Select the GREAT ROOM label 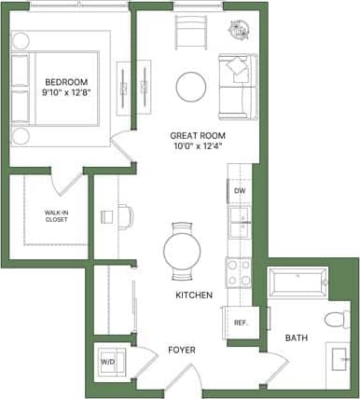pos(199,134)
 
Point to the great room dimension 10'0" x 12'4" pos(199,146)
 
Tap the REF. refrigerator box pos(240,323)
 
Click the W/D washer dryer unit pos(108,362)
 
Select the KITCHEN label pos(194,296)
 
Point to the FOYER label pos(181,351)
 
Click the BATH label pos(296,337)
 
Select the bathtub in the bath pos(297,281)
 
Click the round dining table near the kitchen pos(183,250)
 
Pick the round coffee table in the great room pos(193,86)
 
